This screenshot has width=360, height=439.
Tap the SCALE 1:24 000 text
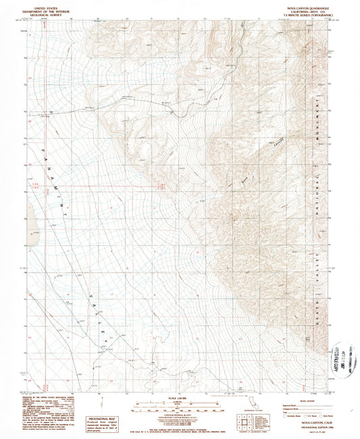coord(180,398)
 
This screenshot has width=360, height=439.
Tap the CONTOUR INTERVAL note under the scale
coord(180,413)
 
